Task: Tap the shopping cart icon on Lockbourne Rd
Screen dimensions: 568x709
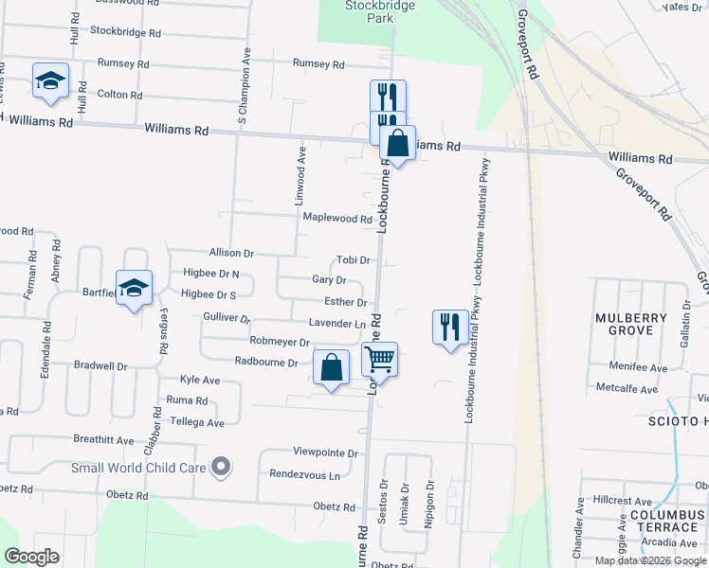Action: [379, 359]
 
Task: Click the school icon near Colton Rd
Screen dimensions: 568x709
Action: [50, 81]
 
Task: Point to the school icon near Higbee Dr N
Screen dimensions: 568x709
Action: [134, 288]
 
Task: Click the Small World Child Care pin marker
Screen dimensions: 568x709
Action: [221, 466]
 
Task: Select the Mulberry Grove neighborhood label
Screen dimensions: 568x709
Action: [625, 324]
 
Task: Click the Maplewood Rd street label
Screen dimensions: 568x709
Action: [336, 219]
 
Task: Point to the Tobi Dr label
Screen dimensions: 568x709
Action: [354, 260]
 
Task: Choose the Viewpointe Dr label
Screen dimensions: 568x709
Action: [325, 453]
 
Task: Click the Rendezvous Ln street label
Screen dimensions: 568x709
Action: [304, 474]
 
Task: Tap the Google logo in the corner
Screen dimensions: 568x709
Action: [31, 557]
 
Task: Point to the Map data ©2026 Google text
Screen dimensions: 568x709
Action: [649, 560]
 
